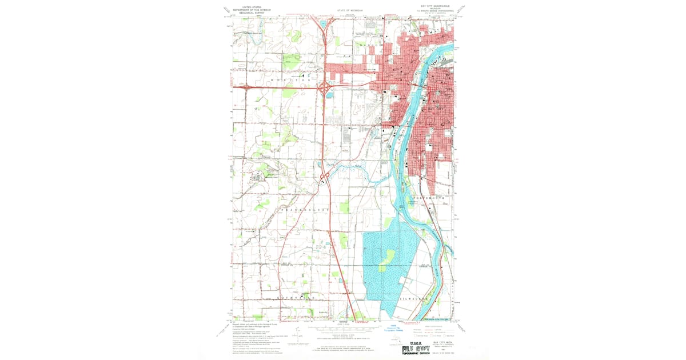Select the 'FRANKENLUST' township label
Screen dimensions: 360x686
pyautogui.click(x=306, y=210)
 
